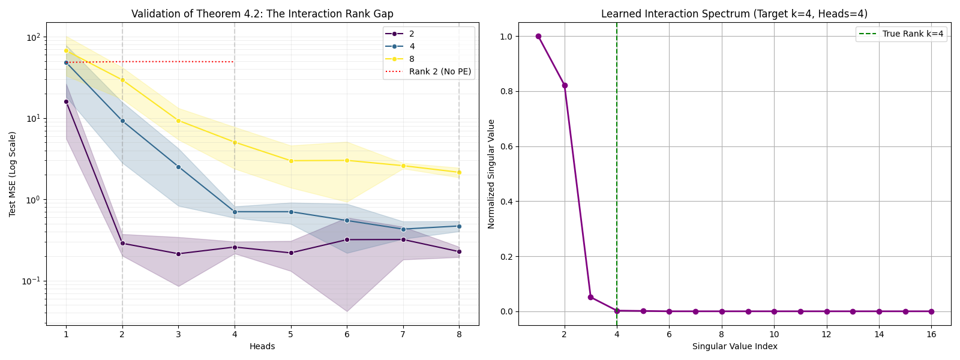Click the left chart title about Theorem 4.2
pos(262,14)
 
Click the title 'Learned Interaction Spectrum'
pos(734,14)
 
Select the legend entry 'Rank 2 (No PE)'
pos(440,71)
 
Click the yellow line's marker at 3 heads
pos(178,121)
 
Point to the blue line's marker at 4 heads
pos(235,212)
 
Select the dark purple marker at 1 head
pos(66,101)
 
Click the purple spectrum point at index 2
pos(565,85)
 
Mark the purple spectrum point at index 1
pos(538,36)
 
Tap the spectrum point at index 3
pos(590,297)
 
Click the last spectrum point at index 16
pos(931,311)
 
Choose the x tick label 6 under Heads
pos(347,334)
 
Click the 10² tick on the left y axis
pos(32,37)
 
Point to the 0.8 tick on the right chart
pos(505,91)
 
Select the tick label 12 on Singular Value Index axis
pos(826,334)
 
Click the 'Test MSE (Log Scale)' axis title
pos(12,174)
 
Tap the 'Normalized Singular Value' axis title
pos(491,174)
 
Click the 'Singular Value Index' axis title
pos(734,346)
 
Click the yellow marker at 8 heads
pos(459,172)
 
